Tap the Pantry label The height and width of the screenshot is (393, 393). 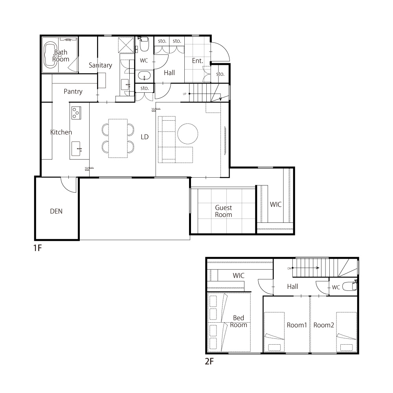(73, 92)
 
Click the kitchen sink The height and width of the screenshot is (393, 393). (76, 149)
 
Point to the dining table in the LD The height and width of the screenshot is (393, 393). (118, 138)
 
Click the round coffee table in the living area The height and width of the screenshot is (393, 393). (188, 134)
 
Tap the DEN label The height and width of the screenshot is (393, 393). (56, 211)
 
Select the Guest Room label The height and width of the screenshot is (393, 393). (223, 211)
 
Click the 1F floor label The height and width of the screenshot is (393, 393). (38, 248)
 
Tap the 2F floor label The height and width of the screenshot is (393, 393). (209, 361)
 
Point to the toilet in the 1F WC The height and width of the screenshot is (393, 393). (144, 44)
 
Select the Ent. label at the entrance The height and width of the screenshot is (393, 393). (198, 61)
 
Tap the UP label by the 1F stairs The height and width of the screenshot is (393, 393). (185, 94)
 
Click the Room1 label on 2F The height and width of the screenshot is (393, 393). (297, 325)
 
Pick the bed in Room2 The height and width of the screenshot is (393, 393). (346, 332)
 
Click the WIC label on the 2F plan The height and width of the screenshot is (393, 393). (239, 276)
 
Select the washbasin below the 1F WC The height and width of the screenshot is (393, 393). (144, 75)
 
